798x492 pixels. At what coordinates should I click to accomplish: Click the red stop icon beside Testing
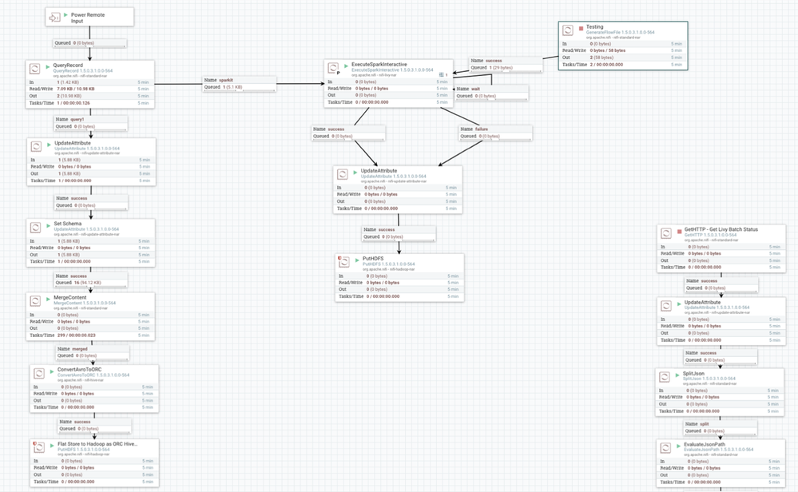[581, 28]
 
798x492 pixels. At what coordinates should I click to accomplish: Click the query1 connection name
[77, 119]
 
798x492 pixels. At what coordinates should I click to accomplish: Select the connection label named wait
[475, 89]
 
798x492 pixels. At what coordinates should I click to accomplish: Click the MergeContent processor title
[70, 298]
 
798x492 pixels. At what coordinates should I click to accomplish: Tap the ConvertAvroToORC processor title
[80, 369]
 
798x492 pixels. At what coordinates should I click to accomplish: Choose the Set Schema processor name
[68, 224]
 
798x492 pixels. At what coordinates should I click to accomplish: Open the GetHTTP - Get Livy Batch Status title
[721, 229]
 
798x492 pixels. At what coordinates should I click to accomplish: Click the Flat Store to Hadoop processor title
[97, 444]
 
